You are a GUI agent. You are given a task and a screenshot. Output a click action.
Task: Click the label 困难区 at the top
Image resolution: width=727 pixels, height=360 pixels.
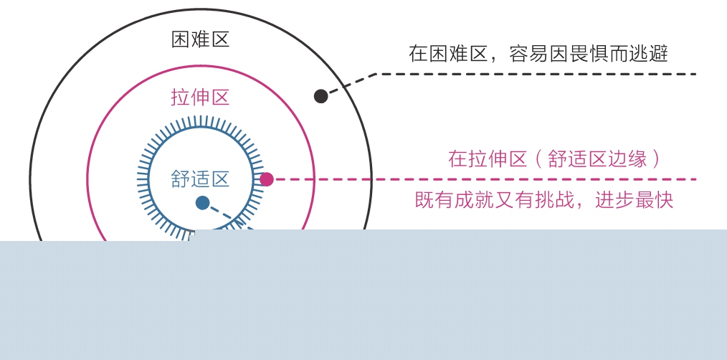point(200,39)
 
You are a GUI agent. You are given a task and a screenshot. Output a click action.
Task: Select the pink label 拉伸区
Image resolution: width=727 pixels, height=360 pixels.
point(200,98)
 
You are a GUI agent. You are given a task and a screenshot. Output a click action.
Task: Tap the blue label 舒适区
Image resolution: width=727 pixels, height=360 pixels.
point(200,179)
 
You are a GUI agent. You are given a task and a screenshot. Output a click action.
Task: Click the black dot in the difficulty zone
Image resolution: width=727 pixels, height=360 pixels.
point(321,96)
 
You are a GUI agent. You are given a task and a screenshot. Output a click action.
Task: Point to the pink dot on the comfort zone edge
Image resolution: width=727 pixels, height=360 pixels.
point(267,179)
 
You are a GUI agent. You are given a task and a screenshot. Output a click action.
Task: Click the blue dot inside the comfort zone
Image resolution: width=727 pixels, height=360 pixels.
point(203,203)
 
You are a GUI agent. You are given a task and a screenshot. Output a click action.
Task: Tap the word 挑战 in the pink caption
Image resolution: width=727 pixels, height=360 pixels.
point(558,200)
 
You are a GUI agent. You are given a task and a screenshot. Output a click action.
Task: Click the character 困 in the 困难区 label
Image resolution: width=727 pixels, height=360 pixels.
point(181,39)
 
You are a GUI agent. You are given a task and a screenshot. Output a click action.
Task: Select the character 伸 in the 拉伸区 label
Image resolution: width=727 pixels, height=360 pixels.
point(200,98)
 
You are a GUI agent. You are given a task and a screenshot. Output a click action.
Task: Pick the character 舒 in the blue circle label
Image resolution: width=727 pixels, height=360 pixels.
point(181,179)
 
